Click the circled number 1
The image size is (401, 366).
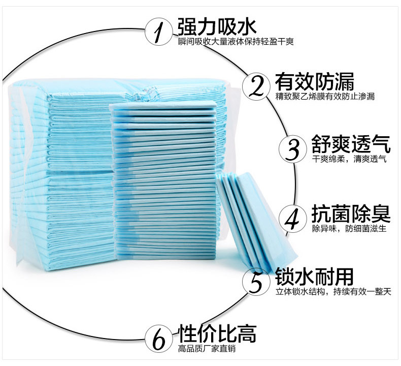pos(159,31)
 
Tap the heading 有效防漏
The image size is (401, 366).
pos(314,81)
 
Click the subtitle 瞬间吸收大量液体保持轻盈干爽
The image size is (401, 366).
pos(236,41)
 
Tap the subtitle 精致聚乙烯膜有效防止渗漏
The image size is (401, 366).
pos(325,96)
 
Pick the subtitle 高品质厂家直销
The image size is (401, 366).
pos(207,349)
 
